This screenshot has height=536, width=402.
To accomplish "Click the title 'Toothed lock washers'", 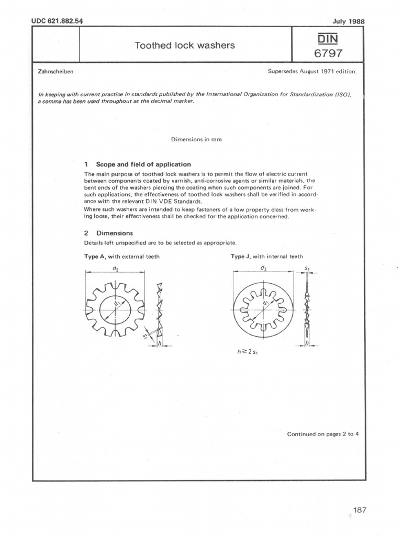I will pos(185,45).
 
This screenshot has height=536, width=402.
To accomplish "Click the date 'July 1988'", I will pos(348,21).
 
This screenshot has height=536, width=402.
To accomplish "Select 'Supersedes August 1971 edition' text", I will pos(312,71).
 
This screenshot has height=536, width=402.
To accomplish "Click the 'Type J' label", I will pos(240,256).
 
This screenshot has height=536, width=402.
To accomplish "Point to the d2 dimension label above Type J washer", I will pos(263,267).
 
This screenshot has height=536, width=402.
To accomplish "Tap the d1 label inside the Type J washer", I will pos(266,304).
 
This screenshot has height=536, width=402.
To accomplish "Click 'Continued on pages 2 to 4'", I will pos(322,434).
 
